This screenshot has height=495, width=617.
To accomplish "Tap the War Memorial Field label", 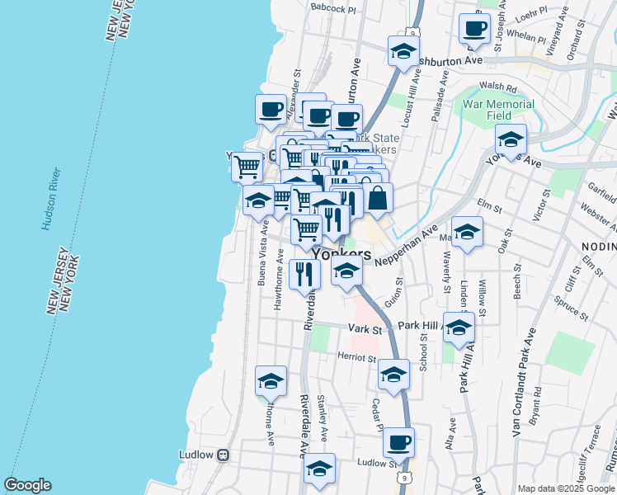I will coord(498,111).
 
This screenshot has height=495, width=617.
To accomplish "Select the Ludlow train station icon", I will coord(222,455).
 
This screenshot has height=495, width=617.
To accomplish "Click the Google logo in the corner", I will coord(27,485).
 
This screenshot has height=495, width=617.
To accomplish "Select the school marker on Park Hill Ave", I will coord(459,328).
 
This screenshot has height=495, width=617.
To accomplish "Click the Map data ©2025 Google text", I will coord(565,488).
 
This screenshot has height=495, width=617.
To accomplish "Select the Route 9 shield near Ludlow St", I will coord(403,478).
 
